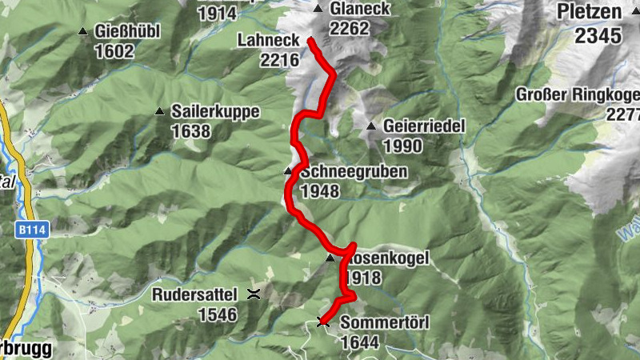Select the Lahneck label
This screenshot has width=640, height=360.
click(x=267, y=41)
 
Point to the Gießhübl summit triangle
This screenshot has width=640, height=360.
click(x=83, y=32)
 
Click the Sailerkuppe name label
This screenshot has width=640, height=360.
click(x=215, y=112)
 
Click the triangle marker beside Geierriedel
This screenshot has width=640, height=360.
click(x=371, y=127)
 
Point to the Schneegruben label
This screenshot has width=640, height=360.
click(x=354, y=172)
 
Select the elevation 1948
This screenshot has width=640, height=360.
click(x=320, y=191)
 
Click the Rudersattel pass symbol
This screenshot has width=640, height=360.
click(x=254, y=294)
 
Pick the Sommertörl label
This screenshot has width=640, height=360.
click(x=386, y=323)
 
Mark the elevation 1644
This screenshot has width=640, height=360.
click(x=360, y=342)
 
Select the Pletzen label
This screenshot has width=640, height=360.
click(x=590, y=12)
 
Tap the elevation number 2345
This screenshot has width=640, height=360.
click(x=598, y=35)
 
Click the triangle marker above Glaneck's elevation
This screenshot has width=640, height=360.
click(x=318, y=10)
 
